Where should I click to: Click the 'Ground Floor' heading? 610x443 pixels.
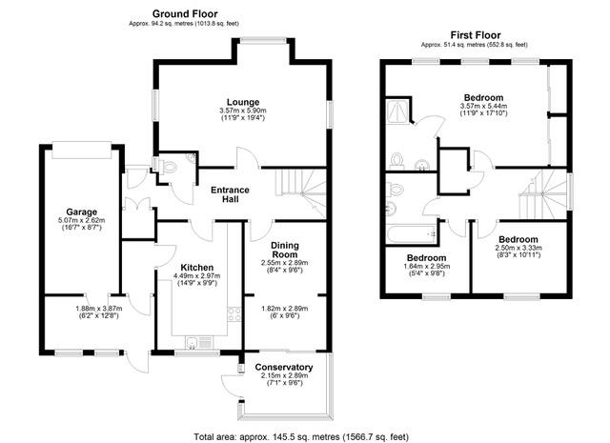(x=184, y=14)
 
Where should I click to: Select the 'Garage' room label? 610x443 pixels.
(x=83, y=211)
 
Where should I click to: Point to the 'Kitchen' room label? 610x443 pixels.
(x=196, y=268)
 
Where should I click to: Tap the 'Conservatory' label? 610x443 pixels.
(x=284, y=368)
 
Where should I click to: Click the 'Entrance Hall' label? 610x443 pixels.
(x=230, y=195)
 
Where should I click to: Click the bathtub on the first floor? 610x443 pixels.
(x=409, y=231)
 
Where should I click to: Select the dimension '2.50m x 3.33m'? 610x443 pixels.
(x=518, y=250)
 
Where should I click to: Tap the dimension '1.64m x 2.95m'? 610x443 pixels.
(x=426, y=268)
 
